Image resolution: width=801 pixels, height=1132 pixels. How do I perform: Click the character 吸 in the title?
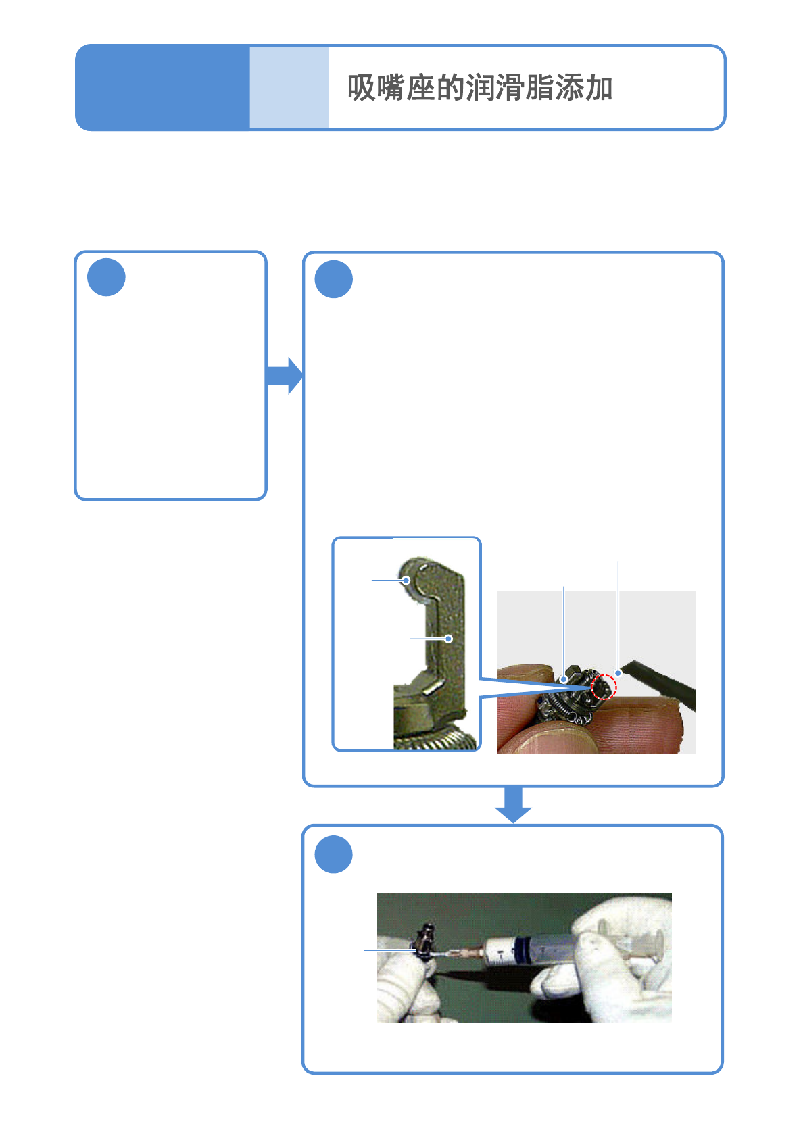362,89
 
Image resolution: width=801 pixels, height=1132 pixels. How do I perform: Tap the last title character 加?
599,89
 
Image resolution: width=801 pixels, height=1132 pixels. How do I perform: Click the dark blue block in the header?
162,88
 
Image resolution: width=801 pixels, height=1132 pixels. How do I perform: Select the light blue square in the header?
289,88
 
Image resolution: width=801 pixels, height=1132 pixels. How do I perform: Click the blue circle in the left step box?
107,277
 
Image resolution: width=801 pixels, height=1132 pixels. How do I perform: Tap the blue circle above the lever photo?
334,279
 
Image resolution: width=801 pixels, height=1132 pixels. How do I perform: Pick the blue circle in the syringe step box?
334,855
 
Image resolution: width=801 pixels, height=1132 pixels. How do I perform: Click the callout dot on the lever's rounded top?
406,580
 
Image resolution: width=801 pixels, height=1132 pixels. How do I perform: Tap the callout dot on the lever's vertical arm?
448,638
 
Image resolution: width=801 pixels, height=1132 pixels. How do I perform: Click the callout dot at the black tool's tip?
618,673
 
